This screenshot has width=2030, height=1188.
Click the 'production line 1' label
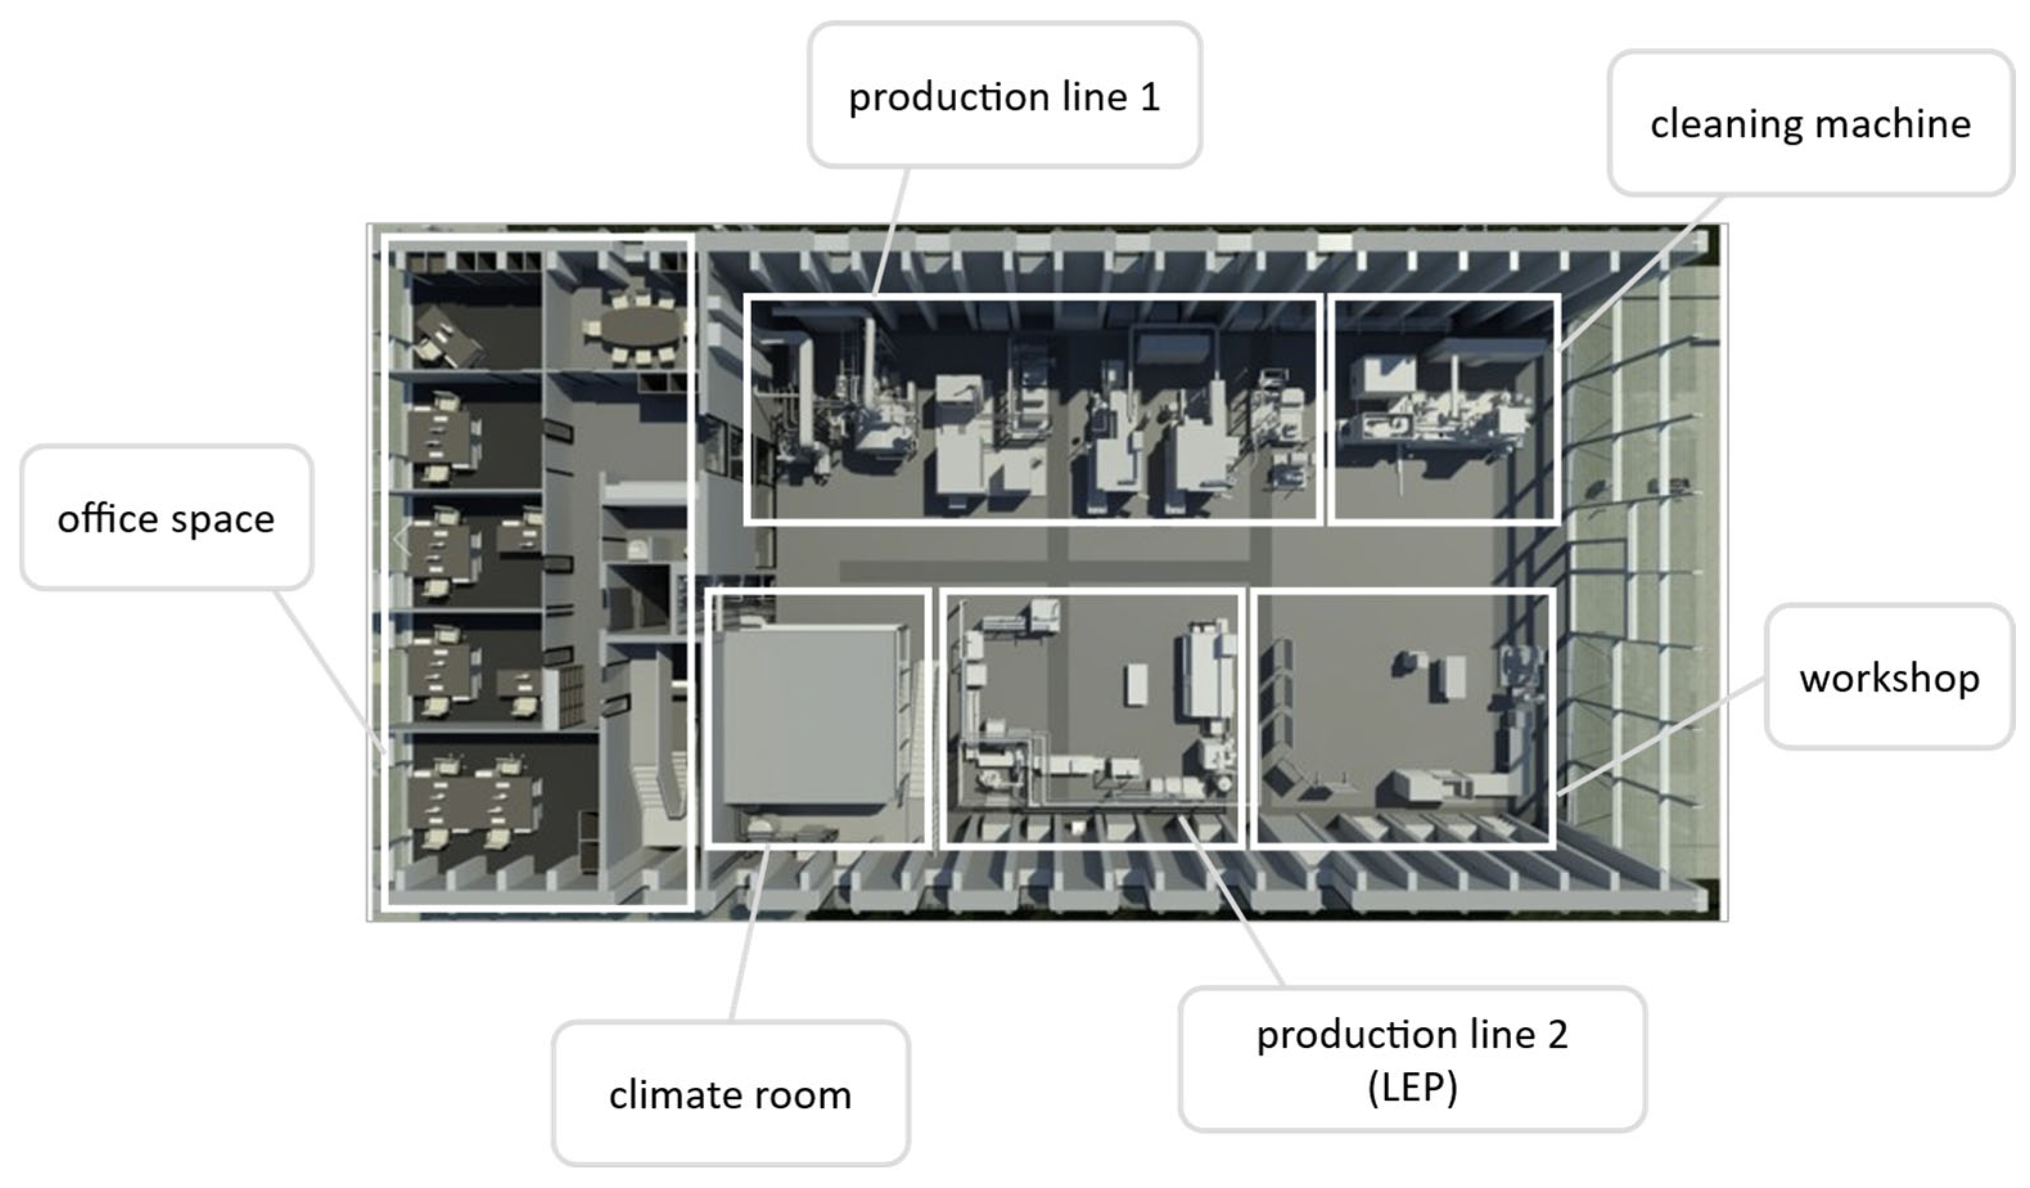[x=1005, y=95]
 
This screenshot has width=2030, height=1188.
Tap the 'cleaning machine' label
[x=1810, y=123]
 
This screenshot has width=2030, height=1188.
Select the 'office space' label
[x=166, y=517]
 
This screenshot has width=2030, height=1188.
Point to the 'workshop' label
[x=1889, y=677]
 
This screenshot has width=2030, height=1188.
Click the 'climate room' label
[x=730, y=1093]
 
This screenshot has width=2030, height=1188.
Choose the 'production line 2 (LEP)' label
[x=1412, y=1059]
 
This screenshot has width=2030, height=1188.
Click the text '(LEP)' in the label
[x=1412, y=1087]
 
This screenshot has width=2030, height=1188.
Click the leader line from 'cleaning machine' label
[x=1640, y=273]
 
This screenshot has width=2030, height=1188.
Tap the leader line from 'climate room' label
[x=750, y=932]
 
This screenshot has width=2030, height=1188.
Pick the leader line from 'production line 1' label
[x=892, y=231]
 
